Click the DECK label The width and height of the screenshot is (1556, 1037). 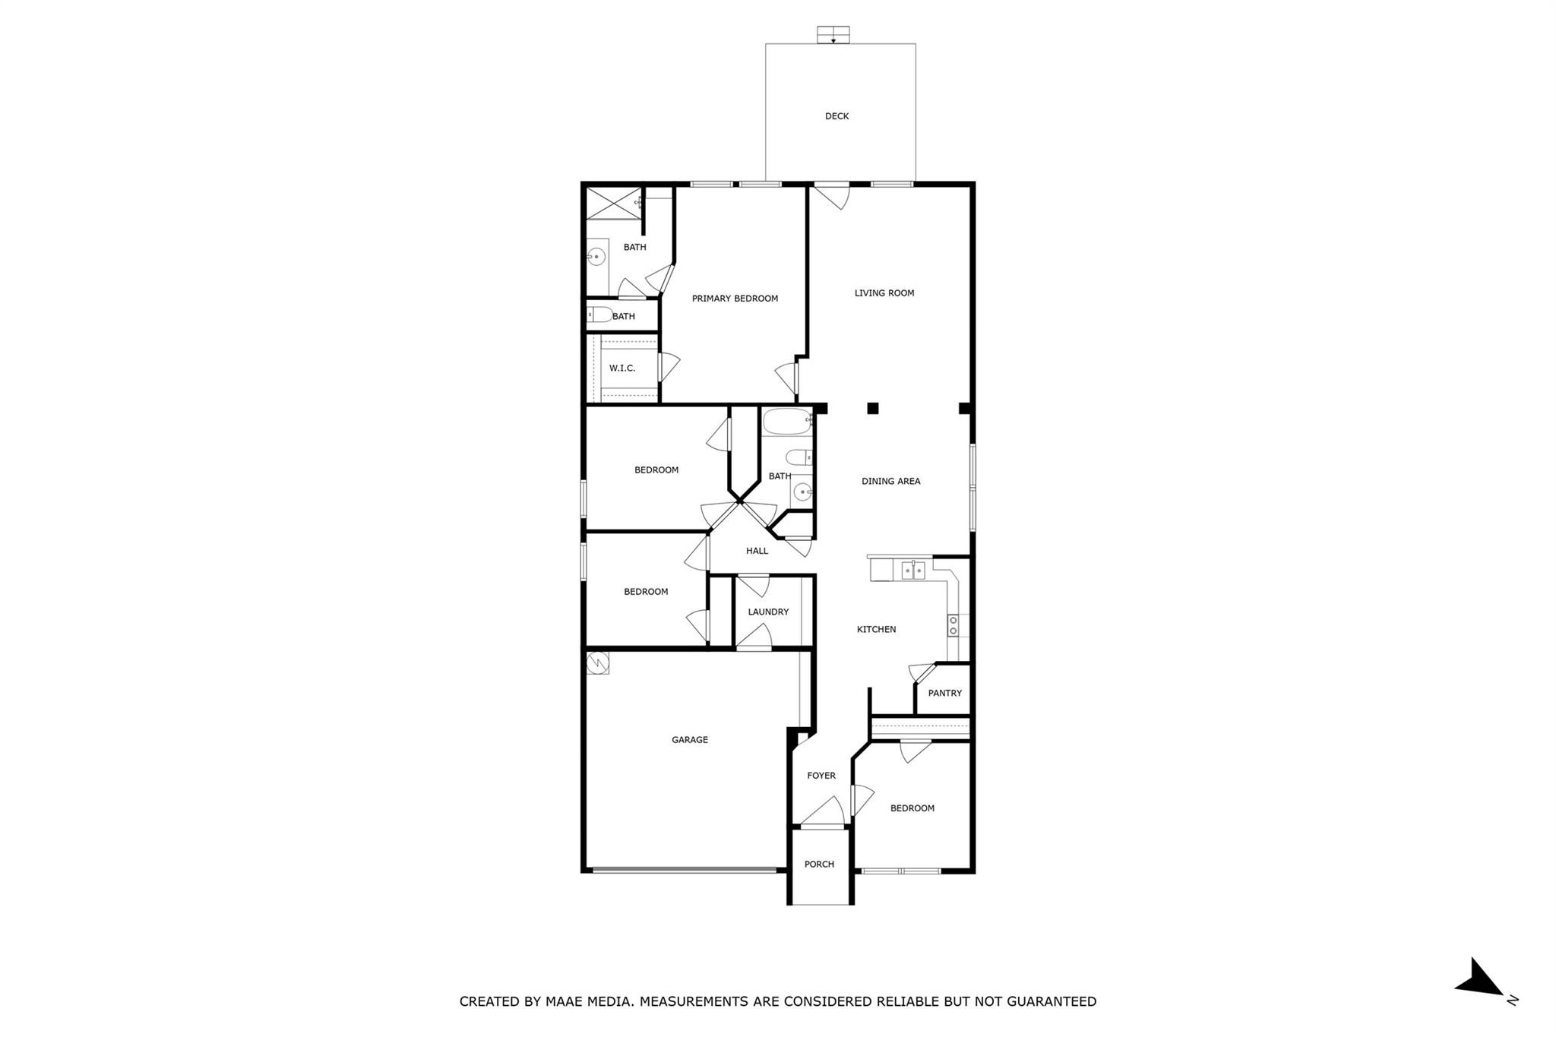pos(837,116)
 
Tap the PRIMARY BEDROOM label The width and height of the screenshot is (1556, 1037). pos(735,299)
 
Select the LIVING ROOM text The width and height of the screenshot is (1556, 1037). pos(884,292)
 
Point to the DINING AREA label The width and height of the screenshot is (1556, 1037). pos(890,481)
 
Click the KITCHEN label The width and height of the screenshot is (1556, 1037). pos(876,629)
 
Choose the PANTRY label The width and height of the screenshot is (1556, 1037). pos(944,693)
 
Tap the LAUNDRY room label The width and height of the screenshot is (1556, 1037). pos(767,612)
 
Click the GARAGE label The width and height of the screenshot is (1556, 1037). pos(689,739)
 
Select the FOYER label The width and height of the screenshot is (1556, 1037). pos(821,776)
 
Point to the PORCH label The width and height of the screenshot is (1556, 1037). pos(819,864)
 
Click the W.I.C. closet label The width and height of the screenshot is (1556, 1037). pos(621,368)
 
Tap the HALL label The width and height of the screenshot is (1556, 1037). pos(757,551)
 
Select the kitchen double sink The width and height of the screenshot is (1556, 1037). pos(912,570)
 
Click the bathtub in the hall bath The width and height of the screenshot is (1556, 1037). pos(787,422)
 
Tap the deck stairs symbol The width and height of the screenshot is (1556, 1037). pos(833,35)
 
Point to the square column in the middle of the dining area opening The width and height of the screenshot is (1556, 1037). pos(873,409)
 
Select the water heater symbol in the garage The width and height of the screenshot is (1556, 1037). pos(599,663)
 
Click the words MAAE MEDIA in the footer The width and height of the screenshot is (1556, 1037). pos(589,1001)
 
